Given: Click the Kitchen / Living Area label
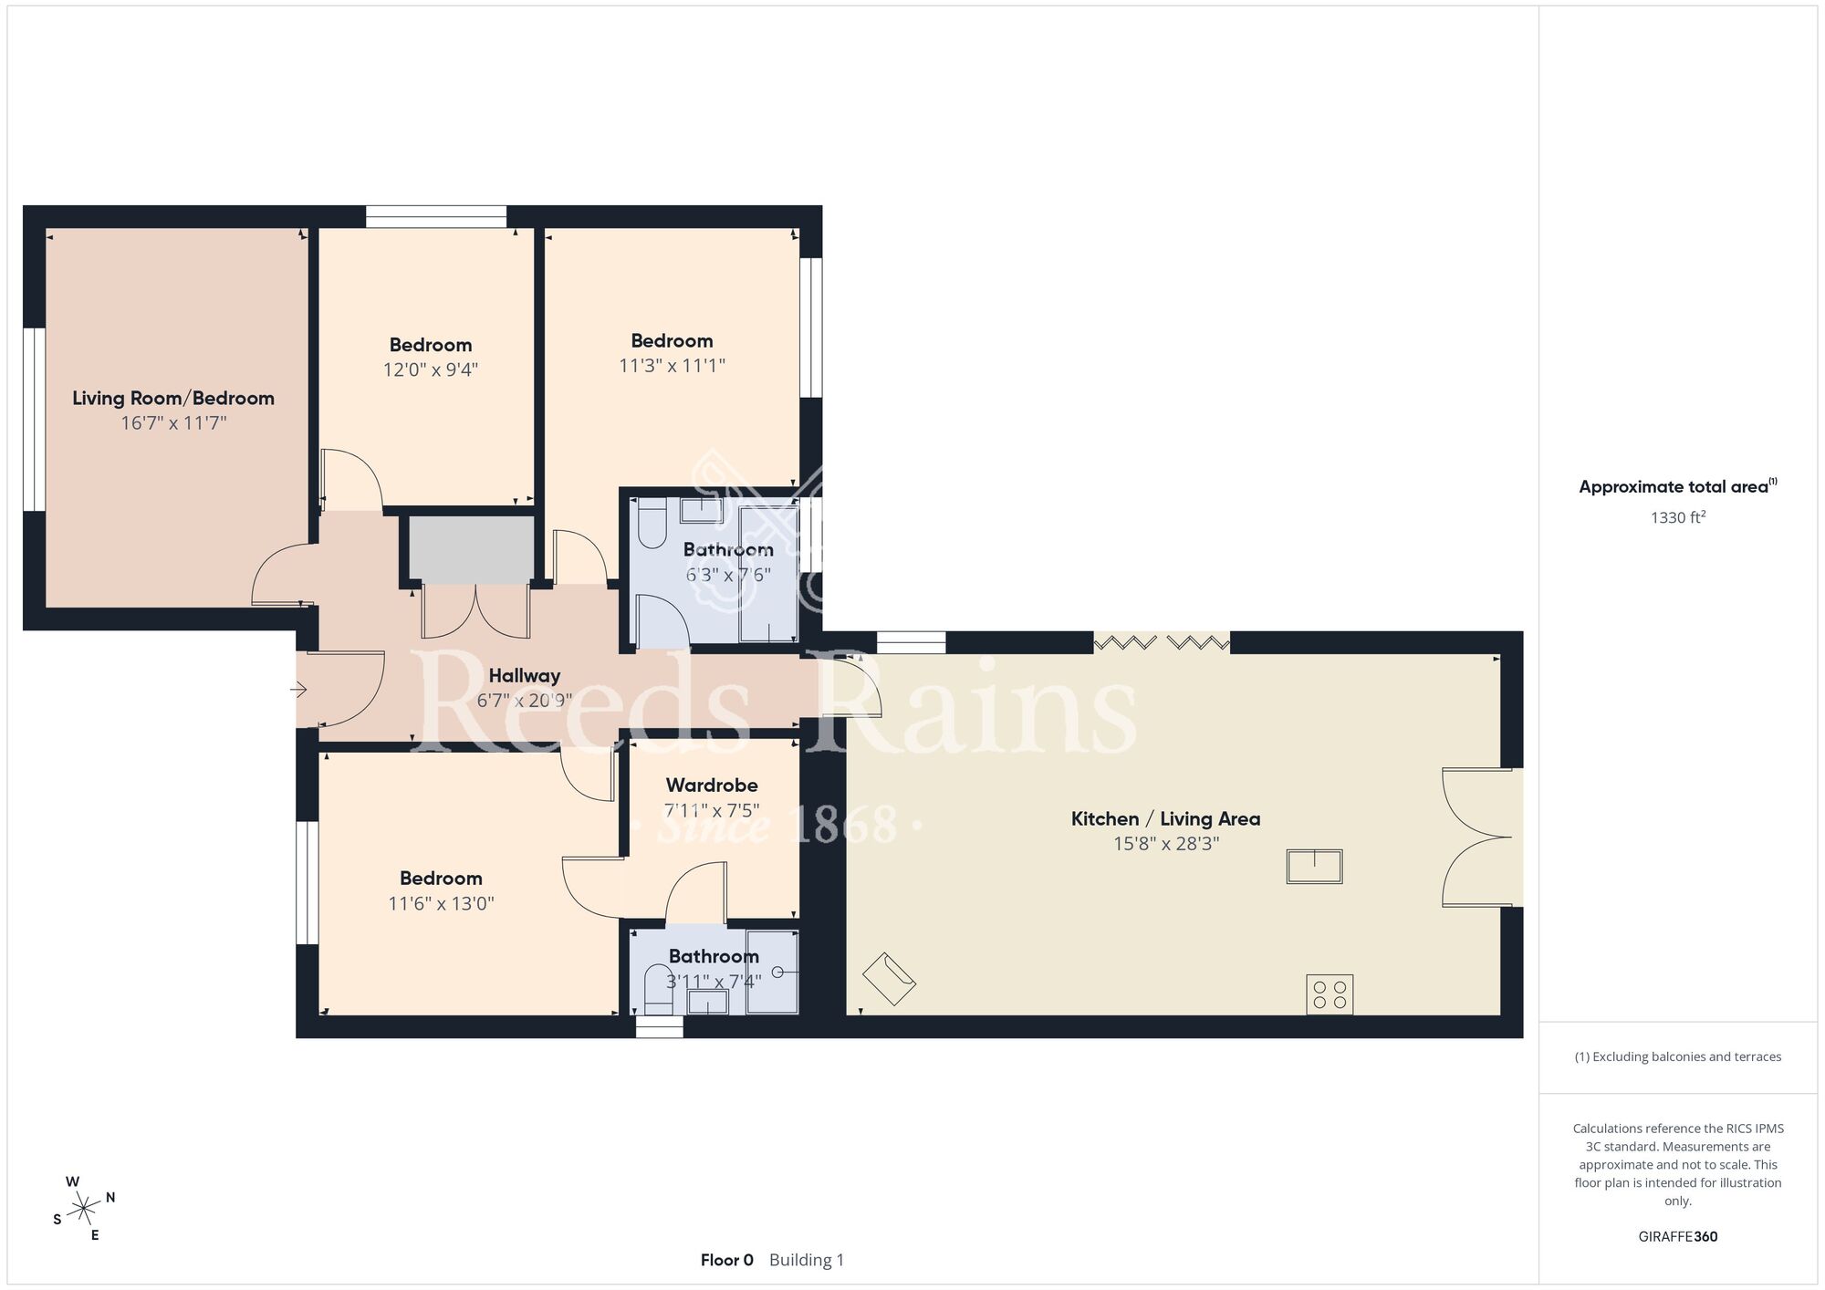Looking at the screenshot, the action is [x=1165, y=819].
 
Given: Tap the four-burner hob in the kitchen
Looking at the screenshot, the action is [x=1330, y=994].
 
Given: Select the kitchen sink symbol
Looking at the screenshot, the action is [x=1314, y=866].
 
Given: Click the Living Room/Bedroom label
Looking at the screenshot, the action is [x=173, y=399].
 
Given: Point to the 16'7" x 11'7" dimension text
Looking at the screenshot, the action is [x=173, y=423].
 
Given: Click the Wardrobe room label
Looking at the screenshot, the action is [x=712, y=785].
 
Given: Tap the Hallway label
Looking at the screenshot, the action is [x=524, y=676].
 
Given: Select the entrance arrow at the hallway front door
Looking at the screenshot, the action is [x=298, y=691].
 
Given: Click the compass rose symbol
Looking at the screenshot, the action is [x=83, y=1210].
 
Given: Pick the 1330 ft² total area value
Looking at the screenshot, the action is [x=1677, y=517].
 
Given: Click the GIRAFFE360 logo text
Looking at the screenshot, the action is [x=1677, y=1237].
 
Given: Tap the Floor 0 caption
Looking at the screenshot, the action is [x=727, y=1260].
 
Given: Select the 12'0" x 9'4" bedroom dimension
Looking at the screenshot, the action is [x=431, y=369].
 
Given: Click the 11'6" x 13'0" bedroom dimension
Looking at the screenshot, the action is [x=441, y=903].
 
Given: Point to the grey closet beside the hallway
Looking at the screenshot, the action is [x=471, y=550].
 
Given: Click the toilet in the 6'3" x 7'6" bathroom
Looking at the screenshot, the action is [x=652, y=524].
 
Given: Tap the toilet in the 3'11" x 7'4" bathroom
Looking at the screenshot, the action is [x=658, y=988].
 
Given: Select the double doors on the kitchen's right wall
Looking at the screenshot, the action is [x=1480, y=837].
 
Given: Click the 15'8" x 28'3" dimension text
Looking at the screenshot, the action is [x=1166, y=844].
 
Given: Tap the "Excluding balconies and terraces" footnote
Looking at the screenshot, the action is [x=1677, y=1056].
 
